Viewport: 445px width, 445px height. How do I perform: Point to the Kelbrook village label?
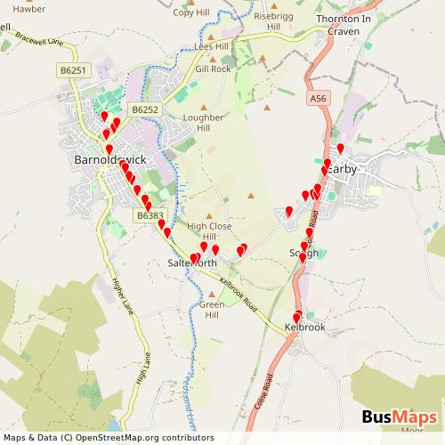coord(305,328)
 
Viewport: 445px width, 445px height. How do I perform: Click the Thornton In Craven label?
coord(344,25)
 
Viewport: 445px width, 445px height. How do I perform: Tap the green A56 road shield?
coord(320,97)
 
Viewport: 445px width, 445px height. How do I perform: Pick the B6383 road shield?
coord(150,215)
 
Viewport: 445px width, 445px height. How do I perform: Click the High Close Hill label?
coord(209,231)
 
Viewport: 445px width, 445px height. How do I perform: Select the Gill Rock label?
coord(213,69)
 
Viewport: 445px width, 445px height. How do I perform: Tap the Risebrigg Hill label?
coord(273,21)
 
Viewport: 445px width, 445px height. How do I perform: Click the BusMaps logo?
coord(400,418)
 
